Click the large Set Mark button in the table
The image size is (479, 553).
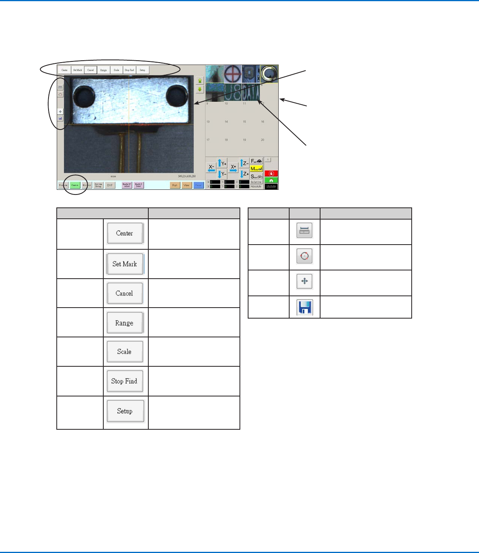[x=125, y=264]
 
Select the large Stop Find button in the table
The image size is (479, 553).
[x=124, y=381]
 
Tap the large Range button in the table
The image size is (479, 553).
[x=124, y=323]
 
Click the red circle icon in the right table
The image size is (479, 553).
[x=304, y=256]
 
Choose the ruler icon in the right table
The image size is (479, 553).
[x=304, y=231]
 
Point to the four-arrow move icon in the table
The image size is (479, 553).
[x=304, y=281]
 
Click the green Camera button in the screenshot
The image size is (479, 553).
[x=75, y=185]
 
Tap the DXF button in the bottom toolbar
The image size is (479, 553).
[x=110, y=185]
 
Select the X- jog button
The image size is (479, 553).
[x=211, y=168]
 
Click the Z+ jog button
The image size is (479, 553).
[x=245, y=174]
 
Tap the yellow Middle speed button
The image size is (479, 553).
[x=256, y=169]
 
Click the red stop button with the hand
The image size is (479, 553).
[x=271, y=173]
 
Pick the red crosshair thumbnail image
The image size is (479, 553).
[x=233, y=74]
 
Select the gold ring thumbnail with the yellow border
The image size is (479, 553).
[x=269, y=74]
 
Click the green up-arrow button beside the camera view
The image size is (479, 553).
[x=200, y=80]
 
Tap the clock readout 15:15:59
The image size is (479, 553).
[x=271, y=187]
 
